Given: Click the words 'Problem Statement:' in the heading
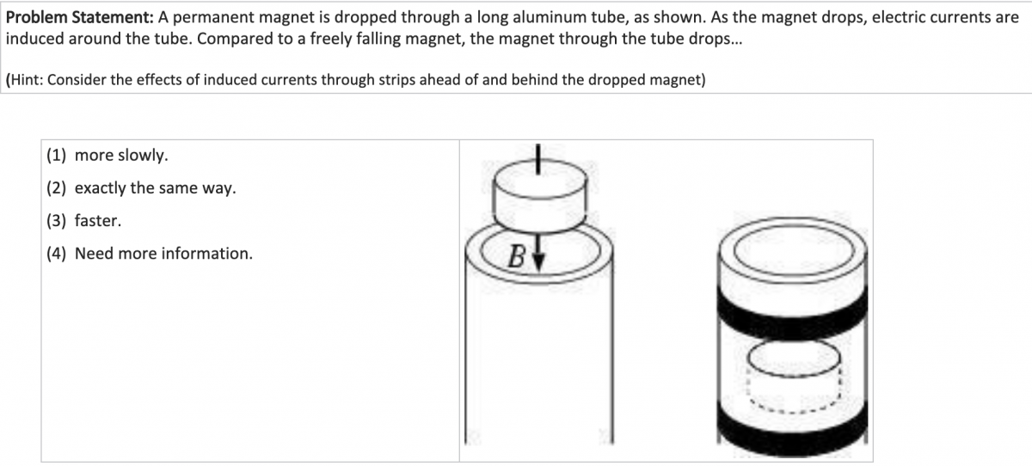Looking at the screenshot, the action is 79,17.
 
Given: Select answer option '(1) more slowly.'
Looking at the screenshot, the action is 107,155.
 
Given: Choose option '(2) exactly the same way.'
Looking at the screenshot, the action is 141,188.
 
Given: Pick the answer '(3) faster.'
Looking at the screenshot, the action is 83,221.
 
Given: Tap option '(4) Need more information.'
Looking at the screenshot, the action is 150,254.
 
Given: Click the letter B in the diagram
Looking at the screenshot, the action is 517,256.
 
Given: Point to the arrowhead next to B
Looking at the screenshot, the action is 538,262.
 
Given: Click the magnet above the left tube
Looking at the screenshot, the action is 540,195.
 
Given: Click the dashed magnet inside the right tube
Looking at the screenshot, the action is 794,375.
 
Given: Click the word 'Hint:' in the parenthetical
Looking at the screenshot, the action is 27,80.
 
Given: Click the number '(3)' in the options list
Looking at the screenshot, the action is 56,221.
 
